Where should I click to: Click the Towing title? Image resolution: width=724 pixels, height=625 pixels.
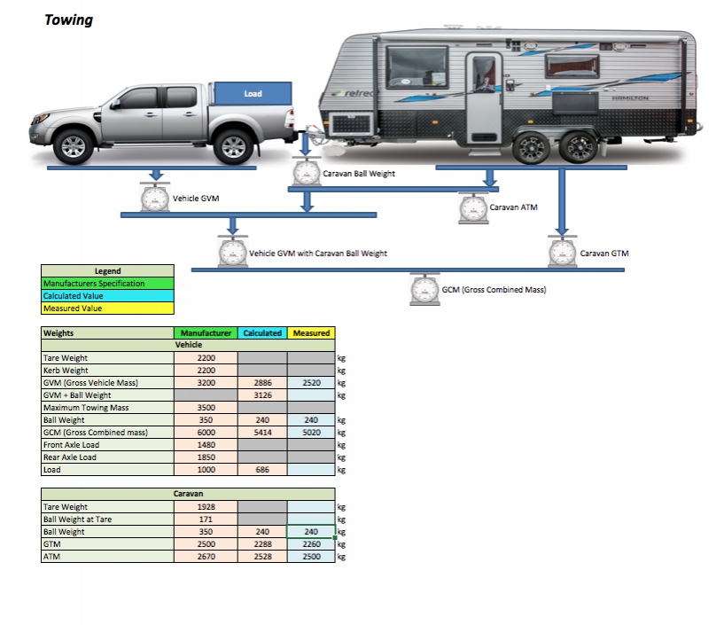coord(68,20)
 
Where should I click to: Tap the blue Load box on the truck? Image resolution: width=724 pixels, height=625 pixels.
coord(253,93)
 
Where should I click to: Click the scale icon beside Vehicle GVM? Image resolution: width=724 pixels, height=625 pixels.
coord(155,198)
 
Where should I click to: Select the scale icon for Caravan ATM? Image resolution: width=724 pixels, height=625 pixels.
coord(472,208)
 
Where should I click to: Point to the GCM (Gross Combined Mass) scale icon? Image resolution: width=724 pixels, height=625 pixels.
coord(424,290)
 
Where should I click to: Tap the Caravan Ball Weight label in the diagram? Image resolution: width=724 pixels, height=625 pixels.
coord(359,174)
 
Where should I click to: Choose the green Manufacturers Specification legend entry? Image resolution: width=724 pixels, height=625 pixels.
coord(107,284)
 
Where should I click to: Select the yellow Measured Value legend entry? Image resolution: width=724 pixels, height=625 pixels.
coord(107,309)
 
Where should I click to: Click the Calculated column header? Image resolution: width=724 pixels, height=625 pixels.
coord(261,333)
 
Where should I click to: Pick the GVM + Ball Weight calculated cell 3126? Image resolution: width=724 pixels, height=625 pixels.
coord(262,395)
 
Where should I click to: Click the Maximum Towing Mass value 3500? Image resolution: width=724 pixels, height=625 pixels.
coord(206,408)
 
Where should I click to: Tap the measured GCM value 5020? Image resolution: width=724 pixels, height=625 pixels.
coord(312,433)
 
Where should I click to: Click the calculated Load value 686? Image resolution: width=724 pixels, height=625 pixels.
coord(262,470)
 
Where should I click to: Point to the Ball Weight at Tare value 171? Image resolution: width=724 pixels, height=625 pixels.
coord(206,520)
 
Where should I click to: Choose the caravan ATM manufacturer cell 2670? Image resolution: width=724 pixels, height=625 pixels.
coord(206,557)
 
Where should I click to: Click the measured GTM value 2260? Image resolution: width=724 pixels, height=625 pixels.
coord(312,544)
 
